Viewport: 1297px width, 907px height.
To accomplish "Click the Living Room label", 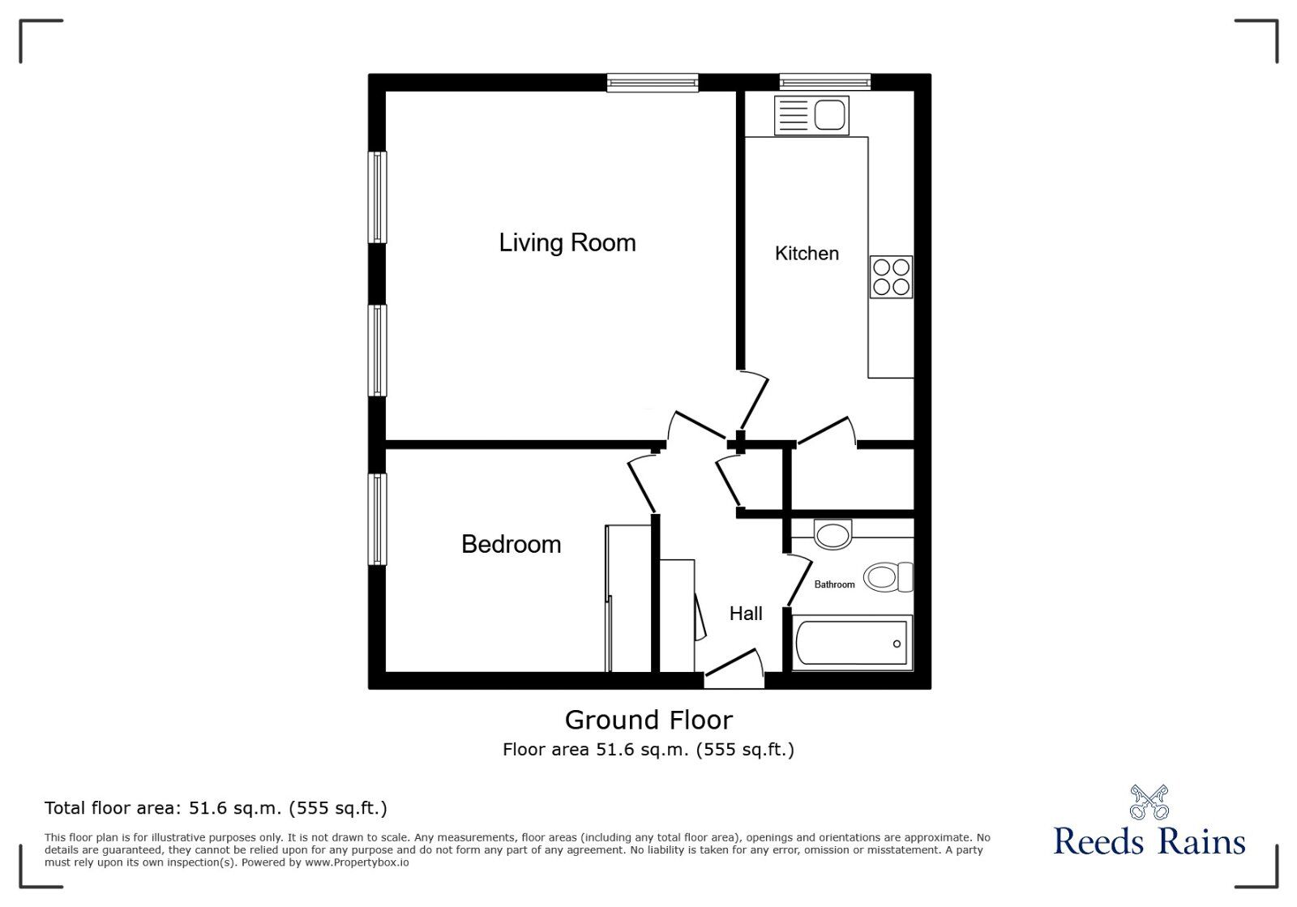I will coord(567,242).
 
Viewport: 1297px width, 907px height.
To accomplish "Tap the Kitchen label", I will coord(807,254).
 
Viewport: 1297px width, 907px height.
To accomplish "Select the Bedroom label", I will coord(511,544).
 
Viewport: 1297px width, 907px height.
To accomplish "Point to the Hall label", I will coord(745,614).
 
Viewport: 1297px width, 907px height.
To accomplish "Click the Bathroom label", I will coord(834,584).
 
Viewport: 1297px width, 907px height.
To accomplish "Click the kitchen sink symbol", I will coord(811,115).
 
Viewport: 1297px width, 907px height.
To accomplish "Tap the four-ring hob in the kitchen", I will coord(891,276).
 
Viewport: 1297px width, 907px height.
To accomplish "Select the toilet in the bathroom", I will coord(887,577).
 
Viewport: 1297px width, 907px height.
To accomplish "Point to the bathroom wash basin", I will coord(833,534).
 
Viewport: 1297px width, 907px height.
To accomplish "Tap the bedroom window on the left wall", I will coord(377,520).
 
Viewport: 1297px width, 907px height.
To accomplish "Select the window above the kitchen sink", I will coord(824,82).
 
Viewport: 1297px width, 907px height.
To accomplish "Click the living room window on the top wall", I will coord(652,82).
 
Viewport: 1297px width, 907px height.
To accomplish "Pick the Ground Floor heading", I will coord(648,720).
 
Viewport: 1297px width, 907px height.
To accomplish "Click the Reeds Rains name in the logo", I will coord(1149,841).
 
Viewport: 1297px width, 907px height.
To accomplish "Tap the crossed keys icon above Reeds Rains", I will coord(1149,802).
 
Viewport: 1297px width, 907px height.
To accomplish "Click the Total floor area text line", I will coord(216,808).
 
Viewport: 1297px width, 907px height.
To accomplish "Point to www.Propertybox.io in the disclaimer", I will coord(357,863).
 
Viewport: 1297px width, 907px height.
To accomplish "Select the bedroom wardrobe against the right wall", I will coord(628,598).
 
